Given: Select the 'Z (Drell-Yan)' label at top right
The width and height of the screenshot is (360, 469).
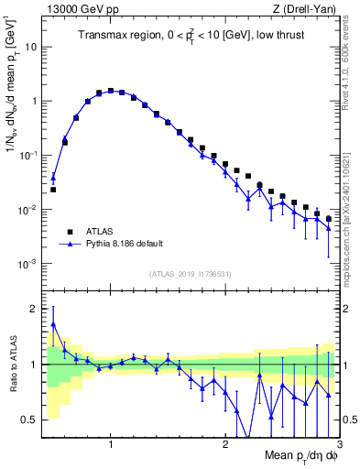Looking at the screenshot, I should pyautogui.click(x=310, y=8).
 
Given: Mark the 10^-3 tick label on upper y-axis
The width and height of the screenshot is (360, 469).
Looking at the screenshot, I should pyautogui.click(x=27, y=264).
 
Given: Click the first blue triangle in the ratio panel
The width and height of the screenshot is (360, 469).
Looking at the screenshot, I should pyautogui.click(x=53, y=324).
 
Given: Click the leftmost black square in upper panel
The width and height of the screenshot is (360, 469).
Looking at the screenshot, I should pyautogui.click(x=53, y=190).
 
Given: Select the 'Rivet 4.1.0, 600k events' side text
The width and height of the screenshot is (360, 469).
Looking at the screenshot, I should pyautogui.click(x=351, y=69).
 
